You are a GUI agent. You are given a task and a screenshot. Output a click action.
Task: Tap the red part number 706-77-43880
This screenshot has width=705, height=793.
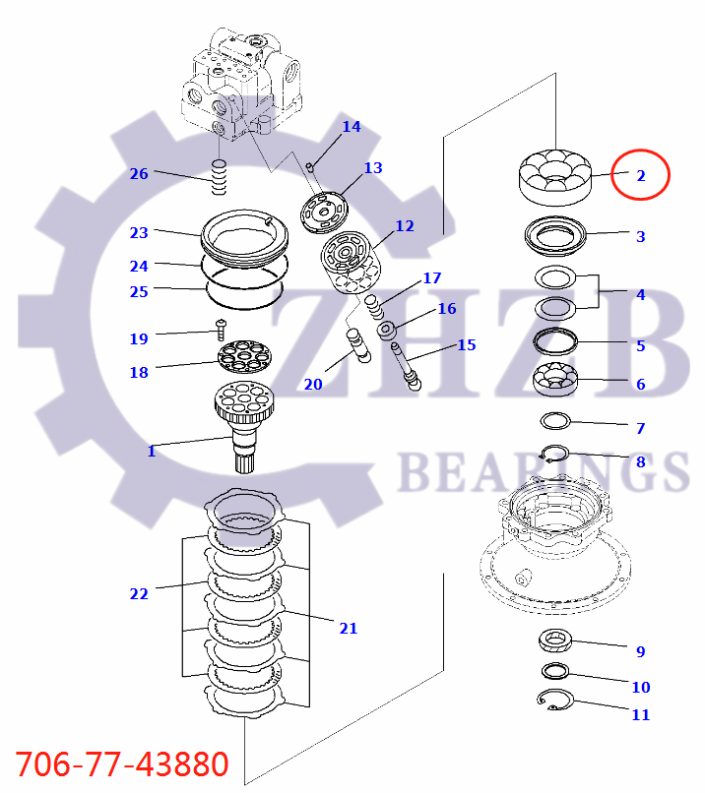pos(122,763)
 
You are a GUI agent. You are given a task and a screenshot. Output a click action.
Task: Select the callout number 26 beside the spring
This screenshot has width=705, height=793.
pos(139,174)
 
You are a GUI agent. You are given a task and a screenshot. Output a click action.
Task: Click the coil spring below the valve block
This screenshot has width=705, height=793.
pos(220,177)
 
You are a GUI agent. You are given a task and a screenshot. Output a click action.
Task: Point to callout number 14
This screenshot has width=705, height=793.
pos(352,127)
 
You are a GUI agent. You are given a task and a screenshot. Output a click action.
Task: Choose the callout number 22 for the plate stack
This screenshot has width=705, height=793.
pos(139,593)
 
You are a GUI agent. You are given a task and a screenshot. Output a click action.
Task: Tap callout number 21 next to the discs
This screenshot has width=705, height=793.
pos(348,628)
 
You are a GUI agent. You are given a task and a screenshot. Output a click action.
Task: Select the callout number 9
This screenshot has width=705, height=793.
pos(640,651)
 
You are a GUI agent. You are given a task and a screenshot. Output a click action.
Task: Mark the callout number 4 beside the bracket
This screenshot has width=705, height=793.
pos(640,294)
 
